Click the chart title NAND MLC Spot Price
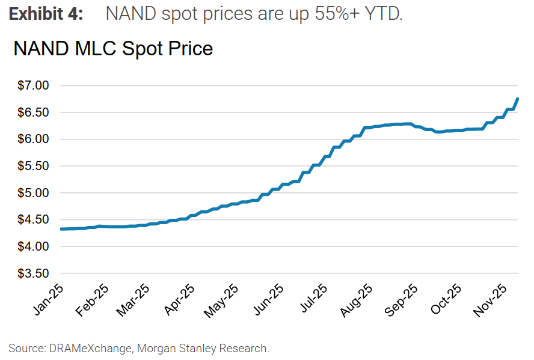click(113, 48)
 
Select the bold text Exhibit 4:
click(46, 14)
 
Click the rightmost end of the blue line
click(518, 99)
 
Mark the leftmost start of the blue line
click(62, 229)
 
